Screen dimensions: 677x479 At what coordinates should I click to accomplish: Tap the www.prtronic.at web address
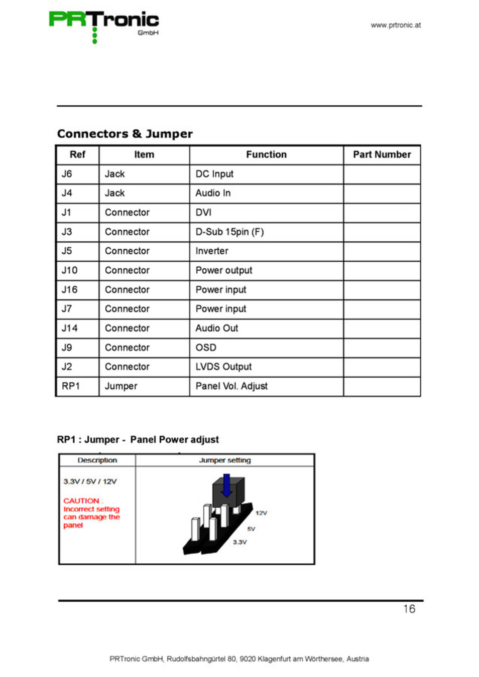pos(396,25)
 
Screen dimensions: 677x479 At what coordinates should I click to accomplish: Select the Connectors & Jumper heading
pos(125,134)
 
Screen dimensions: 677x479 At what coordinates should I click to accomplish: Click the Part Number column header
pos(382,154)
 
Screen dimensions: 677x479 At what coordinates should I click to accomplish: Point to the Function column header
pos(266,154)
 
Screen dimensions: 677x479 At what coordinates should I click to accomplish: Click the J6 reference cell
pos(67,174)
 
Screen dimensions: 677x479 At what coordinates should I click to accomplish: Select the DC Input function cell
pos(214,174)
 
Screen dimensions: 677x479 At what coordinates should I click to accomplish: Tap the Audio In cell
pos(213,193)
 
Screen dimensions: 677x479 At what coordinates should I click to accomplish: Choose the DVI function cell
pos(203,213)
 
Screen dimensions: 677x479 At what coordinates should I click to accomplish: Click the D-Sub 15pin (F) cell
pos(229,232)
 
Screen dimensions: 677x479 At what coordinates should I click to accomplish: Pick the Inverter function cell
pos(212,251)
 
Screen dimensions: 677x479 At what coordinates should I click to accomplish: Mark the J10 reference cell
pos(69,270)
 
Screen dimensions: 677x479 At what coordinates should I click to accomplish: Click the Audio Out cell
pos(217,328)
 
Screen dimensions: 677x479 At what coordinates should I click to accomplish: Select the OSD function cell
pos(206,348)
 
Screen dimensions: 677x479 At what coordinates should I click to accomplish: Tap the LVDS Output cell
pos(223,367)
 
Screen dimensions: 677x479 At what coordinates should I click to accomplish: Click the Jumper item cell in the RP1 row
pos(121,386)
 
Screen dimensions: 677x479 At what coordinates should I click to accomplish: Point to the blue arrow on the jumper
pos(226,485)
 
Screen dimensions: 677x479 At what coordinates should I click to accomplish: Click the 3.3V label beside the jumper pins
pos(240,542)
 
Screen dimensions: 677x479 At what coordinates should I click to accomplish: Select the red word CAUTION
pos(81,500)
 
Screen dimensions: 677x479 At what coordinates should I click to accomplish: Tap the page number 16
pos(409,609)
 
